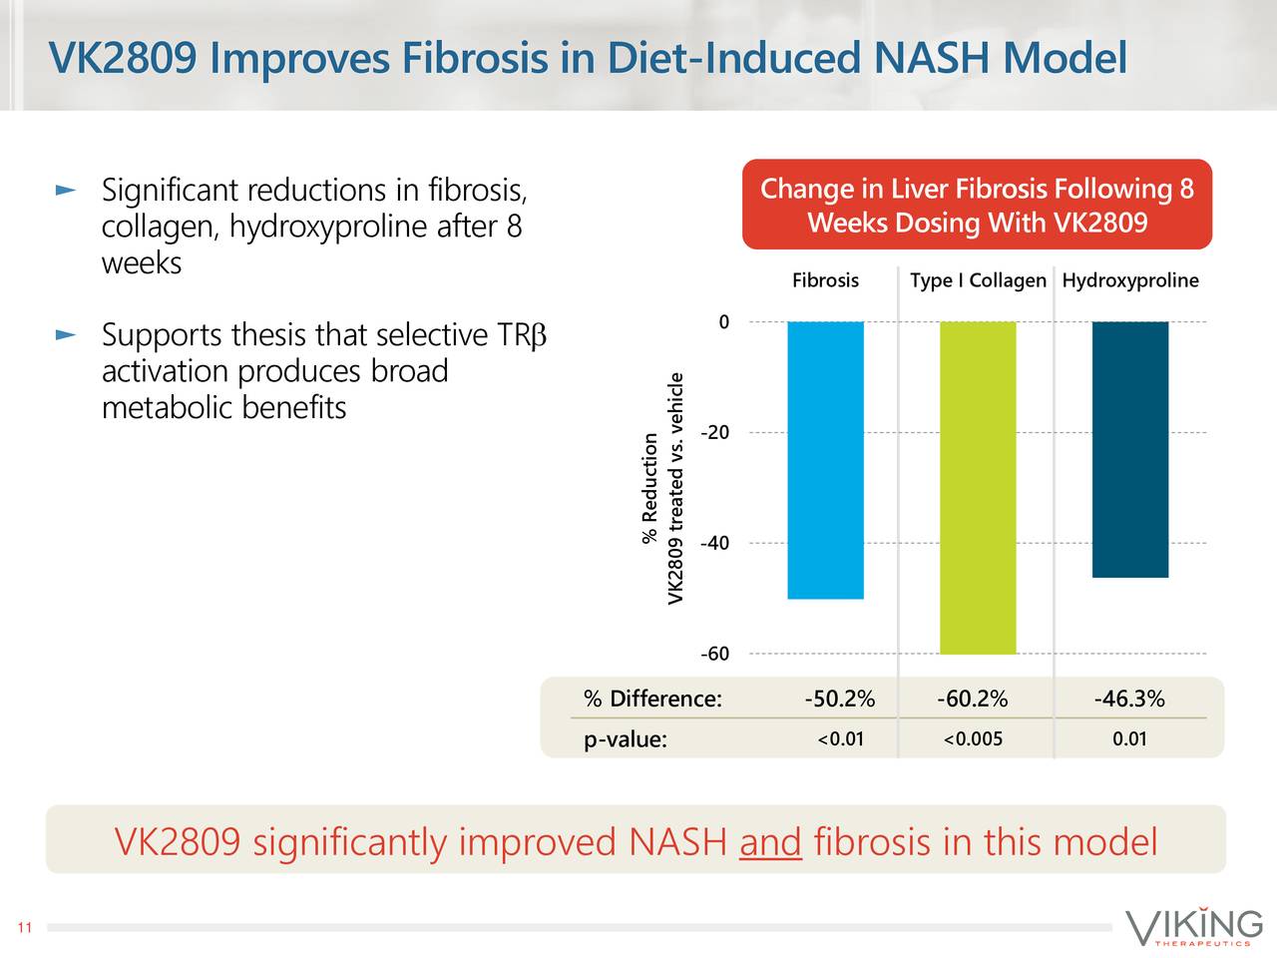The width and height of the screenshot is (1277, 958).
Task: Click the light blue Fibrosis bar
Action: (x=825, y=460)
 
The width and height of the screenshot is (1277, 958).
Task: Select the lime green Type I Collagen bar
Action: (x=978, y=488)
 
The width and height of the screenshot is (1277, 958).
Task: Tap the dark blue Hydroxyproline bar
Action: (x=1130, y=449)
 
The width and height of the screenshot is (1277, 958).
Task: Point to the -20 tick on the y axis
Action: (x=714, y=433)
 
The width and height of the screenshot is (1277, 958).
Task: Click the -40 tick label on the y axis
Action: (x=714, y=544)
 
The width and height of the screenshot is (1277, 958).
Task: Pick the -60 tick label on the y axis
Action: (x=714, y=655)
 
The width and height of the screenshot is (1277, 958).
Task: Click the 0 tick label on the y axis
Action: (x=723, y=322)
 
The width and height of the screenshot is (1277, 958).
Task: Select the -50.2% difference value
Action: (x=839, y=699)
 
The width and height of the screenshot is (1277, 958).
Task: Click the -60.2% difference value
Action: (x=972, y=699)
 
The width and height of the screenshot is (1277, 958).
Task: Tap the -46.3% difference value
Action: (x=1129, y=699)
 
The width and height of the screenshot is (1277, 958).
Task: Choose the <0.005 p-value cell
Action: (x=972, y=739)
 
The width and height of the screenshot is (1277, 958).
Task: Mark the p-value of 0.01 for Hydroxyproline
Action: (x=1129, y=739)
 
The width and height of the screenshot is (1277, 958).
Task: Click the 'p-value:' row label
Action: (x=625, y=740)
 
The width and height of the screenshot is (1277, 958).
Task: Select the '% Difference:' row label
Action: (x=652, y=699)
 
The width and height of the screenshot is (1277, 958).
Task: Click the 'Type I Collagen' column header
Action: (x=978, y=280)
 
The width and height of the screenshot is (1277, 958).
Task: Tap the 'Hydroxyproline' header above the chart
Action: (x=1130, y=280)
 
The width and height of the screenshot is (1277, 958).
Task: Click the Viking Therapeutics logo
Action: (x=1193, y=927)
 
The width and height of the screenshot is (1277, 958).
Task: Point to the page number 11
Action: (x=25, y=929)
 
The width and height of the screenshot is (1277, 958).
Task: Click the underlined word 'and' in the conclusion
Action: (x=770, y=842)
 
